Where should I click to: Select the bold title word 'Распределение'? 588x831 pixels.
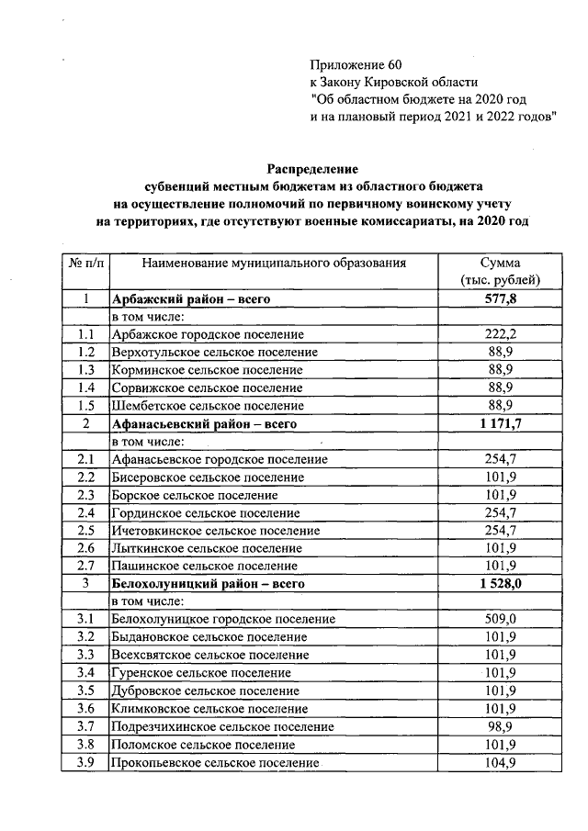(311, 168)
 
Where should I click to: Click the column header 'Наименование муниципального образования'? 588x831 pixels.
(274, 264)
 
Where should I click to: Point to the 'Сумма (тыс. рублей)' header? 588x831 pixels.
(502, 272)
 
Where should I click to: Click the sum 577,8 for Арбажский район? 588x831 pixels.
(502, 299)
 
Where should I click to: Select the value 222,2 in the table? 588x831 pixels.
(502, 334)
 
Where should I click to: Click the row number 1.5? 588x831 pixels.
(85, 405)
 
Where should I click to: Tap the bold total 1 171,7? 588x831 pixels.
(502, 423)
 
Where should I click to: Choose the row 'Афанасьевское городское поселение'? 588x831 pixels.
(219, 458)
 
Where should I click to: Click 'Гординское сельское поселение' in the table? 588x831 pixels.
(205, 511)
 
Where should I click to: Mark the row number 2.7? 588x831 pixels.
(85, 565)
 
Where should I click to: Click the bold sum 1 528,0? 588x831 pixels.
(502, 583)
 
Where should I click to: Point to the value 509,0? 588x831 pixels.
(502, 619)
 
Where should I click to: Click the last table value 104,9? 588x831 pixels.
(502, 762)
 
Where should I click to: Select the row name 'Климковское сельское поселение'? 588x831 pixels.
(209, 708)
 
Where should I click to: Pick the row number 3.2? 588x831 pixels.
(85, 636)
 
